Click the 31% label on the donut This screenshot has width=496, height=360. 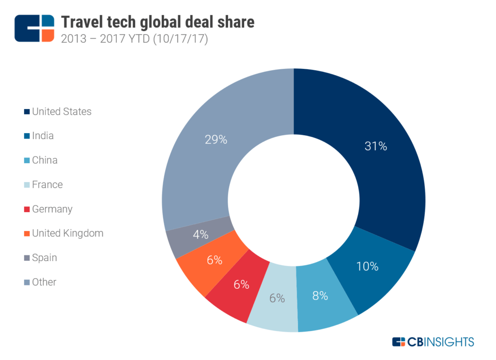(376, 146)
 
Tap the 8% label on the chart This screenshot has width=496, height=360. (320, 296)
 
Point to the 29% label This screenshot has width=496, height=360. (216, 140)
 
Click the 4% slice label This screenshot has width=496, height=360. (200, 235)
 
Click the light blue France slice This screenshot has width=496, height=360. (274, 310)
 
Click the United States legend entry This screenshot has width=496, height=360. (62, 111)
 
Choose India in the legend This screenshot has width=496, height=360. (43, 136)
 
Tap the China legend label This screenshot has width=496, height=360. (45, 160)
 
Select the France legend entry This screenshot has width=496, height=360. (47, 185)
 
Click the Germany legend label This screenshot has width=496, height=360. (52, 209)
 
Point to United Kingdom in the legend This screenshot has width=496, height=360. (67, 233)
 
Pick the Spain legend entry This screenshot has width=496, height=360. (44, 258)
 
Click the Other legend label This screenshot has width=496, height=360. (44, 282)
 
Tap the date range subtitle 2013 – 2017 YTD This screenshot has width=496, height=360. (134, 39)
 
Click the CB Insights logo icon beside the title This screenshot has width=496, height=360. (34, 28)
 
